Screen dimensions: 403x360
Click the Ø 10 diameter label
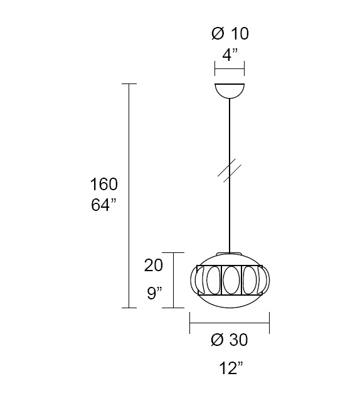click(x=230, y=34)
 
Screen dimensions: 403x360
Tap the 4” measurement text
click(x=230, y=55)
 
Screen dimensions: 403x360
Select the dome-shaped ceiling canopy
click(x=230, y=90)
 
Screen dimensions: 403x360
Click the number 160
click(x=103, y=185)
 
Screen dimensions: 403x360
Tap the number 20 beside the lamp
click(x=154, y=266)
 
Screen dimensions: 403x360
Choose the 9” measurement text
click(x=154, y=292)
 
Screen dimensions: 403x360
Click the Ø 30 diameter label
click(x=230, y=340)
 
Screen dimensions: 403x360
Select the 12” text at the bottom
click(x=231, y=368)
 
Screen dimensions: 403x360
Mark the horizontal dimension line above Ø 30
click(x=230, y=324)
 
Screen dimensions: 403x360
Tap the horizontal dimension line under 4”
click(x=230, y=68)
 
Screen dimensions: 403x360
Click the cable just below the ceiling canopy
click(x=230, y=113)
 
